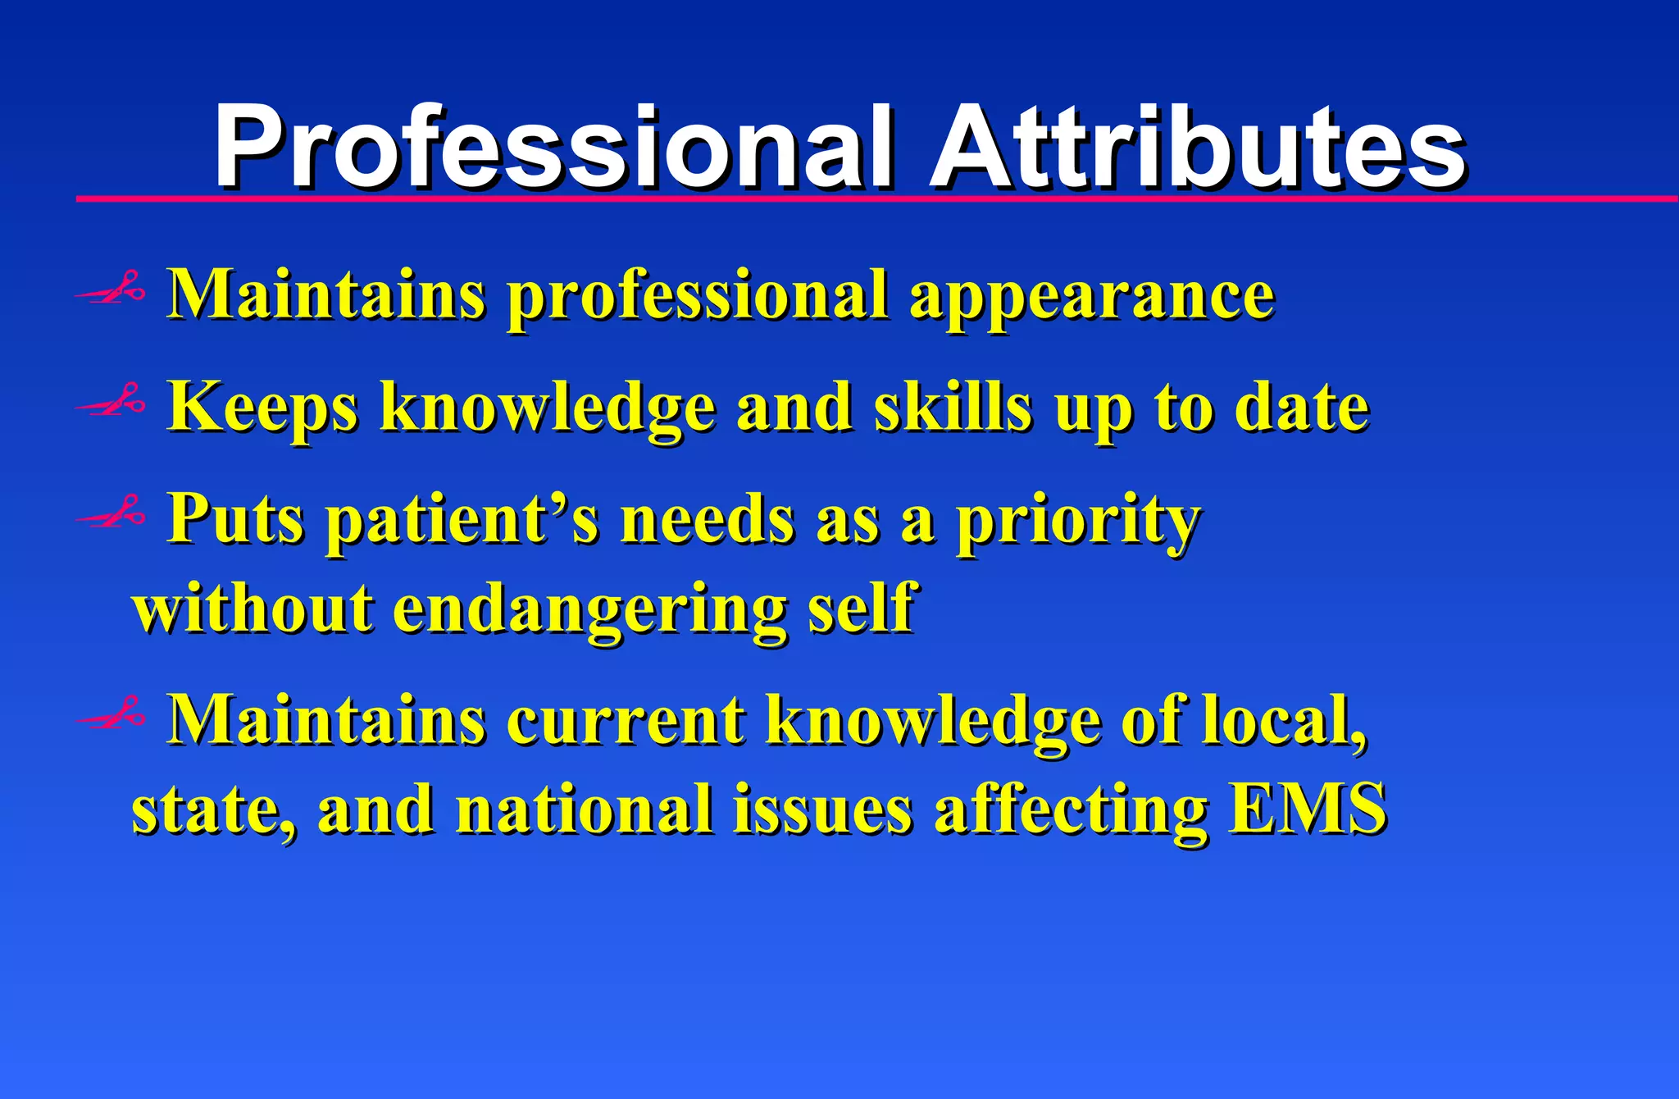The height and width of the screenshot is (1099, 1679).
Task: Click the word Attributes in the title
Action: pyautogui.click(x=1198, y=148)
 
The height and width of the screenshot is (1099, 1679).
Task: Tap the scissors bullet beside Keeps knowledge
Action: pyautogui.click(x=111, y=402)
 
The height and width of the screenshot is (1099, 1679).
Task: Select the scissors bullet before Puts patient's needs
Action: pyautogui.click(x=111, y=513)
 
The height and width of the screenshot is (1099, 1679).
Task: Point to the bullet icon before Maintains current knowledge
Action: pyautogui.click(x=111, y=715)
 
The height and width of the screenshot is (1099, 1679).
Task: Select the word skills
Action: pyautogui.click(x=952, y=407)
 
